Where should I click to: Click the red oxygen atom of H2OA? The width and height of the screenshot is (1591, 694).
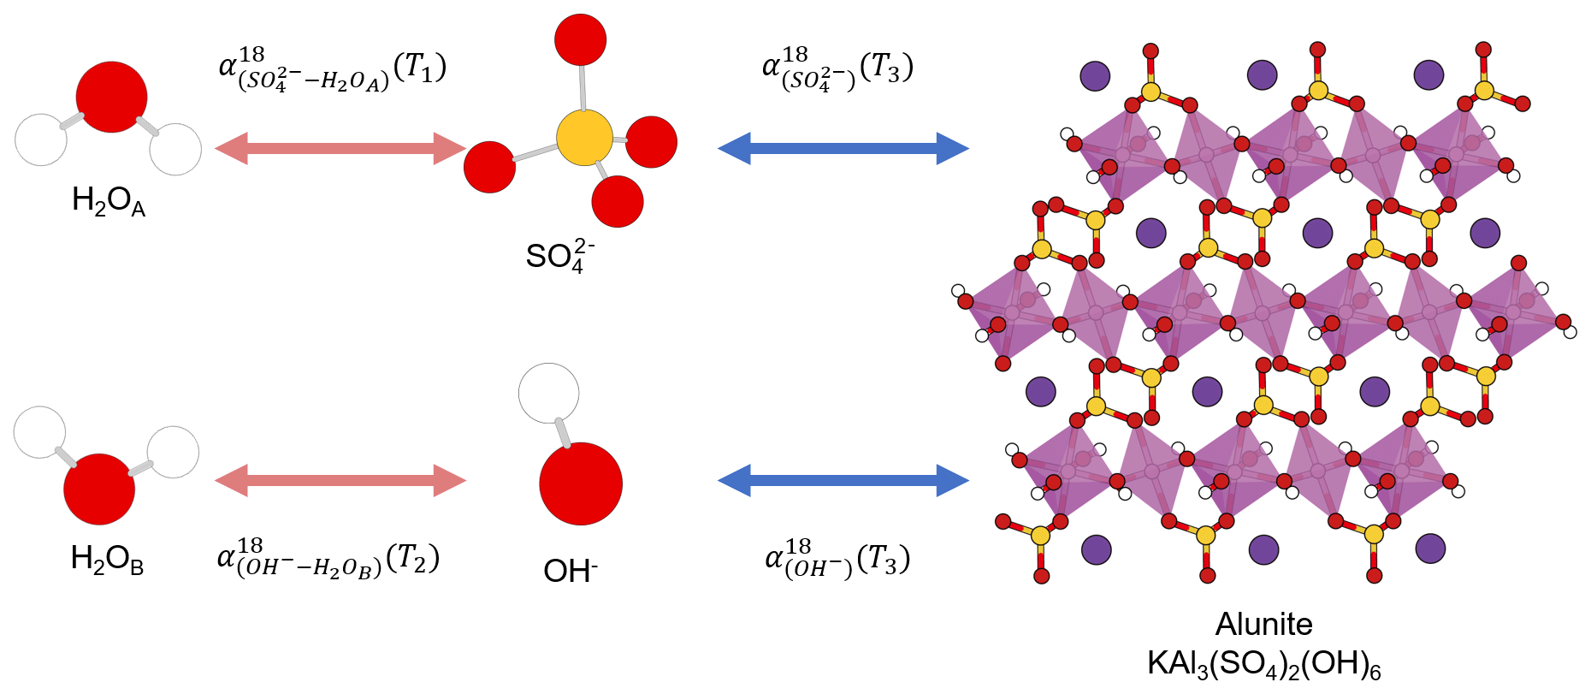pyautogui.click(x=111, y=97)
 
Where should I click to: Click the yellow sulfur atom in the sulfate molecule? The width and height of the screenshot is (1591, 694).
pyautogui.click(x=584, y=137)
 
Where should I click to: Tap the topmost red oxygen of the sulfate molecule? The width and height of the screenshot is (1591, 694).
pyautogui.click(x=580, y=39)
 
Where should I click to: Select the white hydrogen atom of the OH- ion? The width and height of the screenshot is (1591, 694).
pyautogui.click(x=548, y=393)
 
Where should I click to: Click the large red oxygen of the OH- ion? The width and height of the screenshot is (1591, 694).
pyautogui.click(x=581, y=483)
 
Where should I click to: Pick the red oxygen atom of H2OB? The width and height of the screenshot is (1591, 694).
pyautogui.click(x=99, y=489)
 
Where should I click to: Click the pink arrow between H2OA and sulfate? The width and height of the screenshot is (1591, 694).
pyautogui.click(x=340, y=148)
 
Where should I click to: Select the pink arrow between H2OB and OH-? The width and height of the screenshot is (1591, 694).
pyautogui.click(x=340, y=480)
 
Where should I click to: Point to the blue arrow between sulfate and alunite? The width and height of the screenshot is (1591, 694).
pyautogui.click(x=843, y=148)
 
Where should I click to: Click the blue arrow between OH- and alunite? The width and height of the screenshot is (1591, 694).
pyautogui.click(x=843, y=480)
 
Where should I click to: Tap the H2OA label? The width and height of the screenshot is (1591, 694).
pyautogui.click(x=108, y=202)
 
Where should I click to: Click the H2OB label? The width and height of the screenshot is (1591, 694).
pyautogui.click(x=107, y=560)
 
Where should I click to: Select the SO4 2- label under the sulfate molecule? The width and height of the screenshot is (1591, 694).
pyautogui.click(x=559, y=256)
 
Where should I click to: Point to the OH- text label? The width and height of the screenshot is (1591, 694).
pyautogui.click(x=570, y=571)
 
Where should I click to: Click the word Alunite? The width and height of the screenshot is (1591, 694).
pyautogui.click(x=1263, y=624)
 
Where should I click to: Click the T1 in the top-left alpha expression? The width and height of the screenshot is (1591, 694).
pyautogui.click(x=424, y=67)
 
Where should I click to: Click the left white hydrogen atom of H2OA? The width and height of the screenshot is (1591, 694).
pyautogui.click(x=41, y=139)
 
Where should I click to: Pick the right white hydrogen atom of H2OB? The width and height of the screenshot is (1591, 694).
pyautogui.click(x=173, y=452)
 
